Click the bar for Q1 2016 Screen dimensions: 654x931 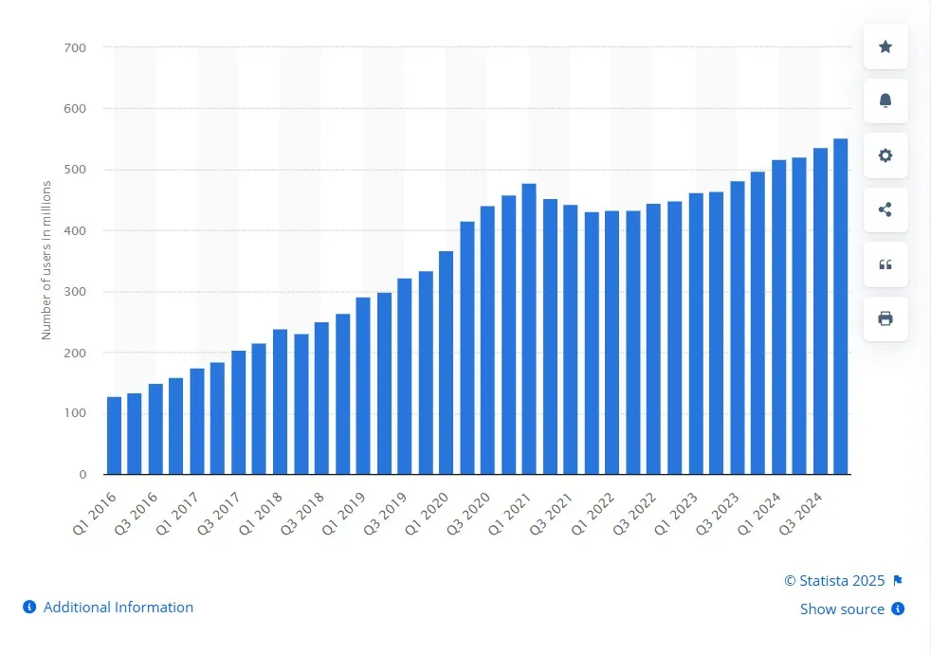click(114, 435)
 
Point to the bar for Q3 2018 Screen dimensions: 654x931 click(321, 398)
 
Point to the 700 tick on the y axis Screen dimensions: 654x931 click(75, 47)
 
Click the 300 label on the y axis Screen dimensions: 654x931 click(75, 292)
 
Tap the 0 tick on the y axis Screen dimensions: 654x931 click(82, 474)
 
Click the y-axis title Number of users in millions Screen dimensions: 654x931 click(46, 260)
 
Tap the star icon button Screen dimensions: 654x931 click(885, 46)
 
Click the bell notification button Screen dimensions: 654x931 click(885, 100)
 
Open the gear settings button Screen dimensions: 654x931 click(885, 155)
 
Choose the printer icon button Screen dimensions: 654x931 click(885, 318)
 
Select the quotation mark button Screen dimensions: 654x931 click(885, 264)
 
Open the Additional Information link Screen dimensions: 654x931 click(118, 607)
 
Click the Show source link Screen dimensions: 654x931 click(842, 609)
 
